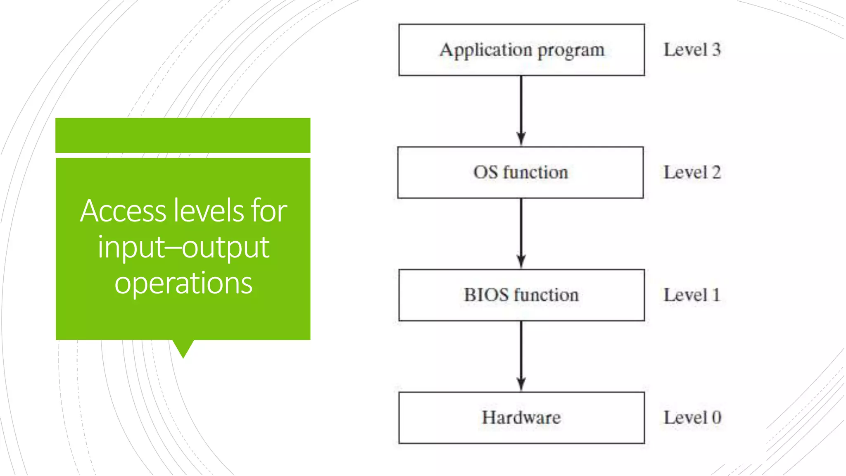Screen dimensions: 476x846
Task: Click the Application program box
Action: point(521,50)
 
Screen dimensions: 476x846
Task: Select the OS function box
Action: point(520,172)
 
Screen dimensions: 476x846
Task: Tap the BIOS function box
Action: point(521,295)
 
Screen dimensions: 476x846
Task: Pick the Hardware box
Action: point(521,417)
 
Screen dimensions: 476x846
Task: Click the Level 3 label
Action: point(692,50)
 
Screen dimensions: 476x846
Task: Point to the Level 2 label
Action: point(692,172)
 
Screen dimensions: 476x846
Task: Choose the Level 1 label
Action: point(692,295)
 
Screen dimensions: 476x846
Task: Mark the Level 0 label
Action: point(692,417)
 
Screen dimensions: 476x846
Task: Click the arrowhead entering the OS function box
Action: point(521,139)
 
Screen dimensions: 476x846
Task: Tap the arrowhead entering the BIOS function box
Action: point(521,262)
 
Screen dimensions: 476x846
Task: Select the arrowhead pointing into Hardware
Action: point(521,384)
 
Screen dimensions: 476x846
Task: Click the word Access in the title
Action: point(123,211)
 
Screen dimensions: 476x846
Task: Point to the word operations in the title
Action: point(183,283)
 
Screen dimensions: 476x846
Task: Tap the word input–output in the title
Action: point(183,247)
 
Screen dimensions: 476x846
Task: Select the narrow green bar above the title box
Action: point(183,135)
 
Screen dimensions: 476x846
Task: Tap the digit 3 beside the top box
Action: point(716,50)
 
